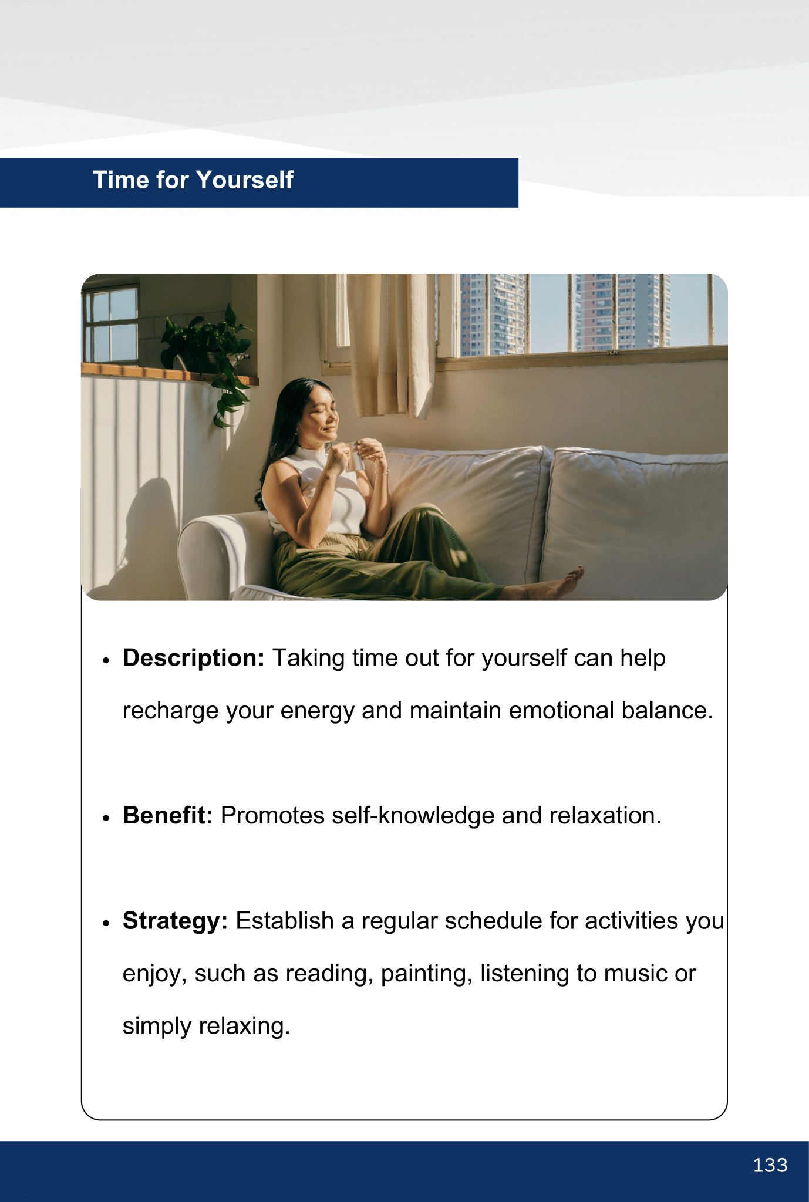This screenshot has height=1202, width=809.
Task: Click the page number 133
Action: pos(770,1165)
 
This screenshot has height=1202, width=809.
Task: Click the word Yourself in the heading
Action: pos(245,180)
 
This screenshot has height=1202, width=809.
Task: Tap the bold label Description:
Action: pos(194,659)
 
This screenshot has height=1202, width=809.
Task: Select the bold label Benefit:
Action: pos(167,816)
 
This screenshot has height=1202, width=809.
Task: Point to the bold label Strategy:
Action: pos(175,921)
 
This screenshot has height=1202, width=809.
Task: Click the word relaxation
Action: pos(605,816)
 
